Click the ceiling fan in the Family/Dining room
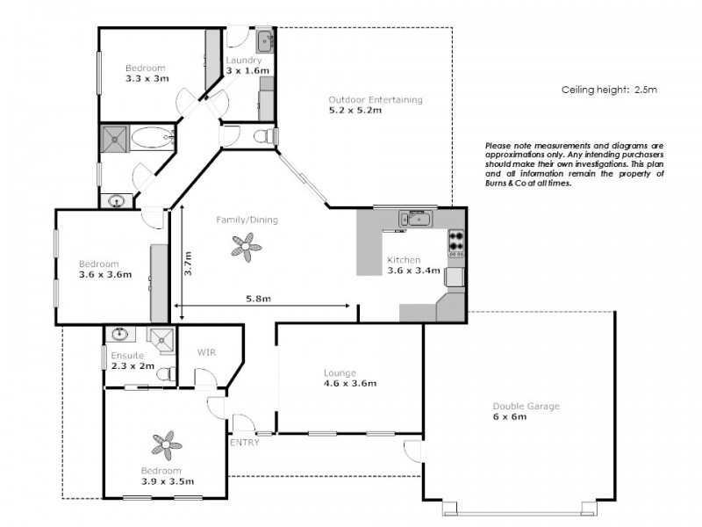click(247, 249)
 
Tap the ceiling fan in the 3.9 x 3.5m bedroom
click(167, 444)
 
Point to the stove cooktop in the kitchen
click(456, 241)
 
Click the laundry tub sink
click(265, 40)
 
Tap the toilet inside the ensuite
click(164, 374)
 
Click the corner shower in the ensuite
click(160, 337)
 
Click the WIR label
click(207, 352)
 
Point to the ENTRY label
click(244, 443)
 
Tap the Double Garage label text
click(526, 407)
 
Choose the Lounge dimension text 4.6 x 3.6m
click(350, 383)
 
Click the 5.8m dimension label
click(258, 300)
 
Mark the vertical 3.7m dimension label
click(188, 264)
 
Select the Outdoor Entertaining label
click(376, 99)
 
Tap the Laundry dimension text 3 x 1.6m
click(247, 70)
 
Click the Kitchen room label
click(404, 260)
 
